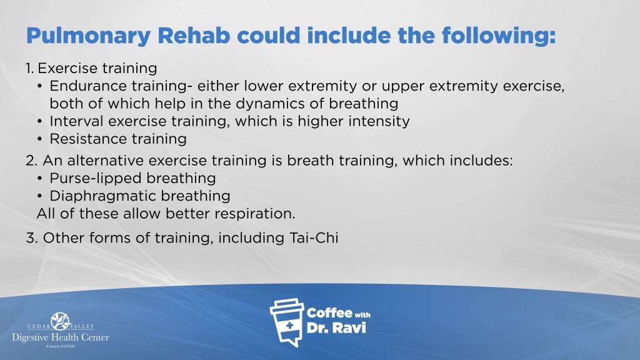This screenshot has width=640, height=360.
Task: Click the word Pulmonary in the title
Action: tap(89, 36)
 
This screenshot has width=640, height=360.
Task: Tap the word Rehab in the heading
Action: tap(194, 35)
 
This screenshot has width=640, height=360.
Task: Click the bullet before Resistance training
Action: tap(39, 139)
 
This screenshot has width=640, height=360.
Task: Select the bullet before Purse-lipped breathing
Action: tap(39, 178)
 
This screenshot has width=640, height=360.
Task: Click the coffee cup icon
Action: tap(287, 322)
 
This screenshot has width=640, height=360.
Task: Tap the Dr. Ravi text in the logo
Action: tap(336, 327)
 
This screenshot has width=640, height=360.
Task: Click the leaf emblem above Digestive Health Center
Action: tap(61, 321)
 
